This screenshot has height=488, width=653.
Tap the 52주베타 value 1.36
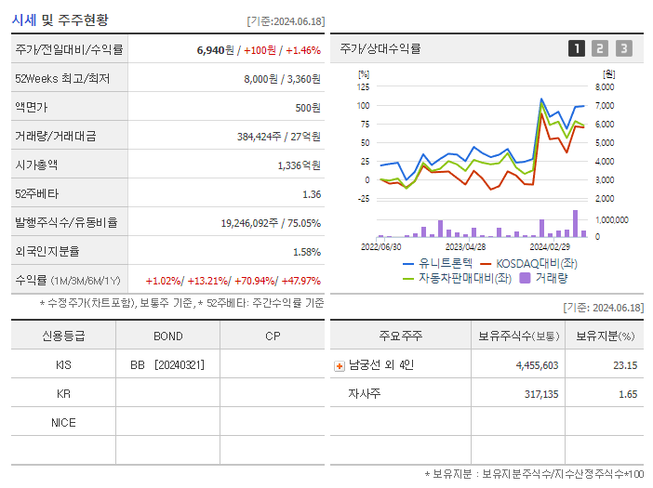tap(311, 194)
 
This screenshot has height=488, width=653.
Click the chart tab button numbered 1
tap(577, 48)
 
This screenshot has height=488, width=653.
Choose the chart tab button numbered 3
tap(623, 48)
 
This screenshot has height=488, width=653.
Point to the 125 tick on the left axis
tap(363, 86)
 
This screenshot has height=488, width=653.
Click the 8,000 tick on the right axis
tap(604, 86)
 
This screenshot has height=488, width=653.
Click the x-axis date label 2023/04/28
tap(465, 247)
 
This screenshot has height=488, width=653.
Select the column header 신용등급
tap(63, 336)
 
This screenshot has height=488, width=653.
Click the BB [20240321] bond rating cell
tap(167, 365)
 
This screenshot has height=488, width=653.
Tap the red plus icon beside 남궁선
tap(339, 365)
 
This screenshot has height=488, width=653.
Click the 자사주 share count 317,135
tap(537, 394)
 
